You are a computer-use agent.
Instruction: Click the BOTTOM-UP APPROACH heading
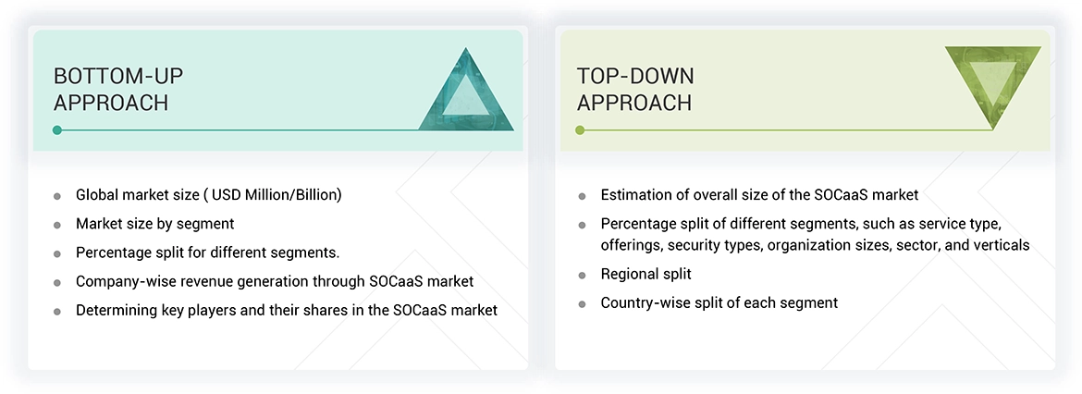[118, 89]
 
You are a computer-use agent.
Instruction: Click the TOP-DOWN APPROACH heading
[635, 89]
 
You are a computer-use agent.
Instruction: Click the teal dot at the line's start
[57, 130]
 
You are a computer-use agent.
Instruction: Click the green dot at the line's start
[580, 130]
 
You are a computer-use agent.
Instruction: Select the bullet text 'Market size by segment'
[154, 224]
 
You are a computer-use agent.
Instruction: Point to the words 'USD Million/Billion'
[276, 195]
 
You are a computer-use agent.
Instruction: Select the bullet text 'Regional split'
[646, 274]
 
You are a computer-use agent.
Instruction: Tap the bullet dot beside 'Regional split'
[582, 275]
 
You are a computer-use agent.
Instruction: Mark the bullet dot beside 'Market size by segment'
[57, 225]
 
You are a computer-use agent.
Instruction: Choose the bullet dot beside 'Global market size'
[57, 196]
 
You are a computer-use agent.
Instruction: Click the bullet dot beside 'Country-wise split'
[582, 303]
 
